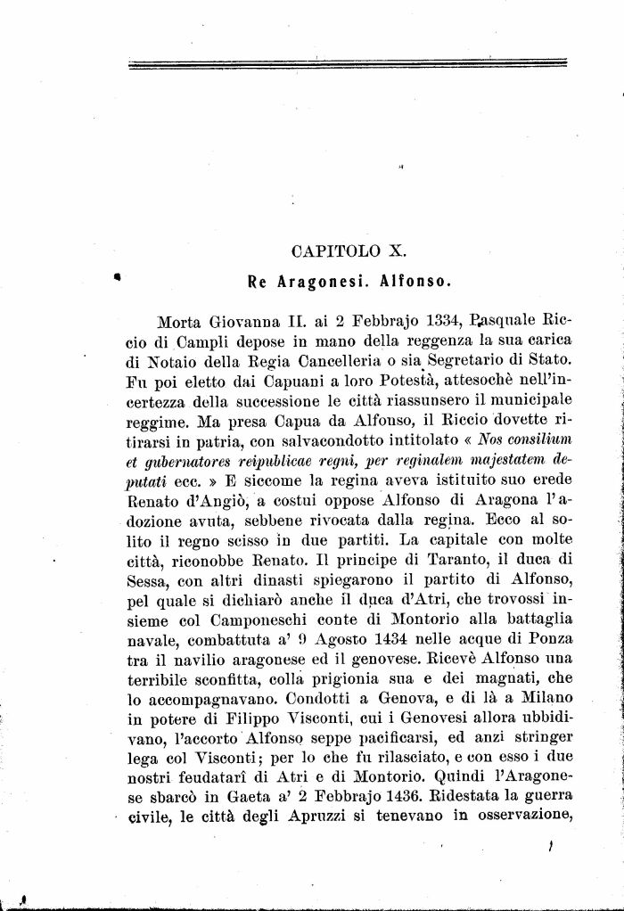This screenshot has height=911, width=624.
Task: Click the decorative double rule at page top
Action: [x=348, y=63]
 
